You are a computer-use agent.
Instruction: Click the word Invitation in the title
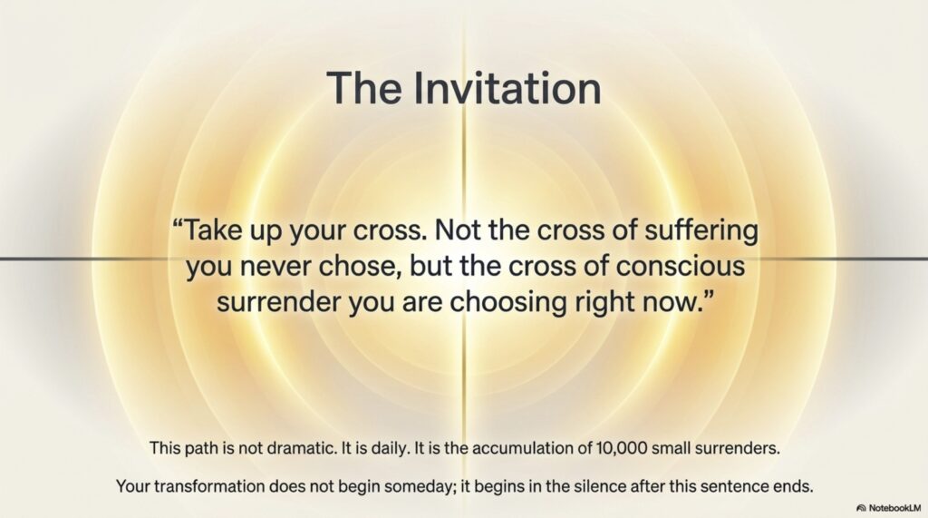[507, 88]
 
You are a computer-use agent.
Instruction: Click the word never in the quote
[275, 267]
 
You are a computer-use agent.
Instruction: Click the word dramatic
[301, 448]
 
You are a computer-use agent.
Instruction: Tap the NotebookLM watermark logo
[861, 508]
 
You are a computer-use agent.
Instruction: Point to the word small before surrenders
[672, 448]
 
